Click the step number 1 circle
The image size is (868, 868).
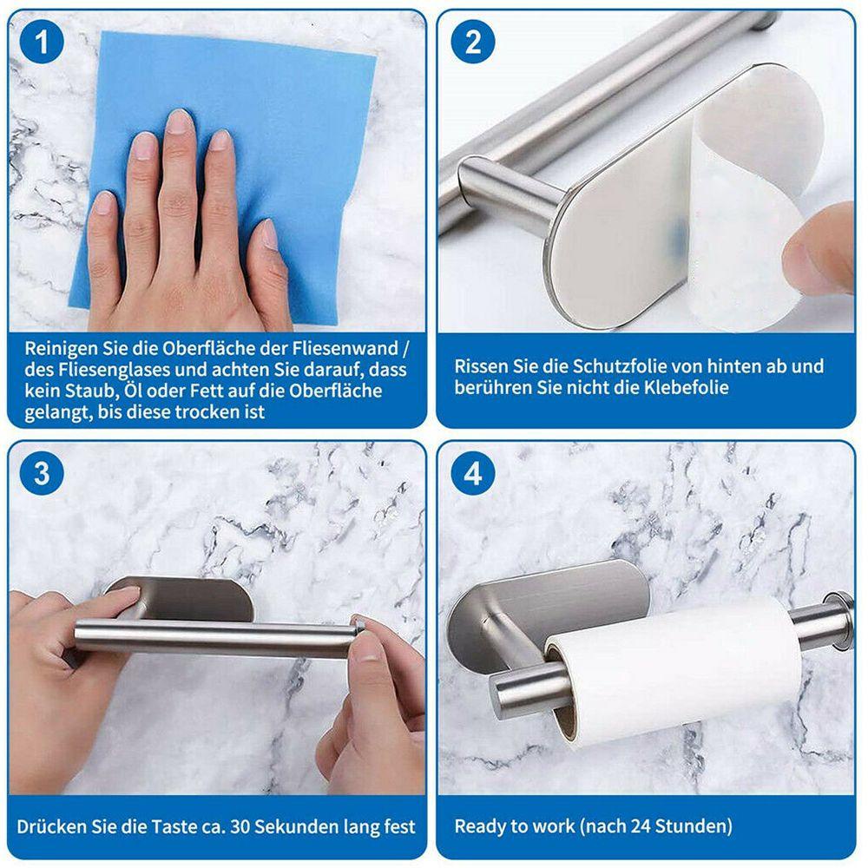(x=42, y=42)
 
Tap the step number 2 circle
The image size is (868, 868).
(x=472, y=42)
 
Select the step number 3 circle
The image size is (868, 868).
(x=42, y=473)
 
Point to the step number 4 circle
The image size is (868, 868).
(x=472, y=473)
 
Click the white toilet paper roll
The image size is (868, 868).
(x=673, y=664)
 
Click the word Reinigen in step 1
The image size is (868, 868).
(x=61, y=349)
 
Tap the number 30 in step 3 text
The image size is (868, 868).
(x=240, y=826)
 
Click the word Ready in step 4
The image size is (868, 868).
(x=477, y=827)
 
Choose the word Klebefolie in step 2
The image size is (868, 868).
(x=686, y=387)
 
